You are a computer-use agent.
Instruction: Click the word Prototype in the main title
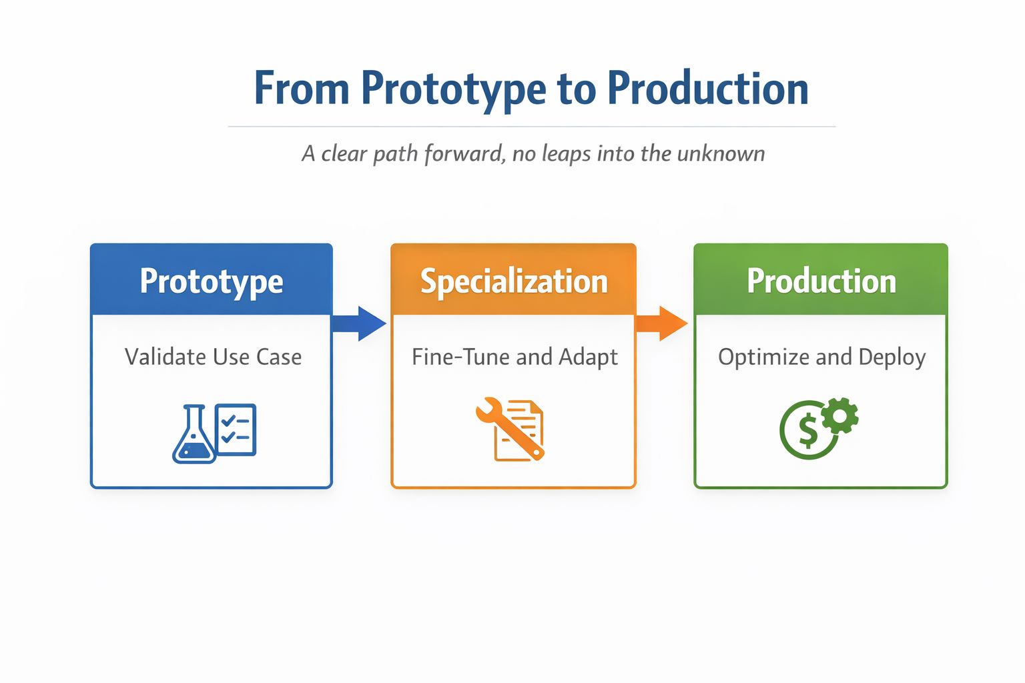coord(454,89)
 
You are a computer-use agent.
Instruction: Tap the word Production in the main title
coord(707,89)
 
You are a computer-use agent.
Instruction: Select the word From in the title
coord(302,89)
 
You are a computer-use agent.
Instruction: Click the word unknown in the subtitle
coord(721,154)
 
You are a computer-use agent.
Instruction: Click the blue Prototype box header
coord(212,281)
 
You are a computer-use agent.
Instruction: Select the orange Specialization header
coord(513,281)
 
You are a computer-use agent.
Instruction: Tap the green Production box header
coord(821,281)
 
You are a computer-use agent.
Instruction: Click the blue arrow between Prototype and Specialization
coord(360,323)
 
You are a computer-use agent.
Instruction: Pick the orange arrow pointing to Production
coord(662,323)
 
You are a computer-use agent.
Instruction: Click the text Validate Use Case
coord(213,357)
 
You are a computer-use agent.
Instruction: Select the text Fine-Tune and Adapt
coord(515,357)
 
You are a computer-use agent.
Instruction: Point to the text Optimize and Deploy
coord(821,357)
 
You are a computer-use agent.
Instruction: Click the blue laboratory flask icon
coord(194,436)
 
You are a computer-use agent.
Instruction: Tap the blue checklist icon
coord(236,430)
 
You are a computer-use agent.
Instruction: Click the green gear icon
coord(840,416)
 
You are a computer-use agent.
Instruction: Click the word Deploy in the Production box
coord(892,358)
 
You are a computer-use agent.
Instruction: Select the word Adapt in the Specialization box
coord(588,358)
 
